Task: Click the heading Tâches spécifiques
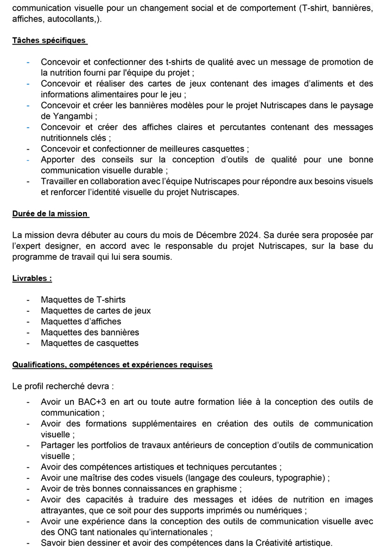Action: pyautogui.click(x=49, y=41)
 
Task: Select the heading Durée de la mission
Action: pyautogui.click(x=50, y=214)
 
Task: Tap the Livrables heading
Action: pyautogui.click(x=31, y=278)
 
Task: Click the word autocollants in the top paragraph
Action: pyautogui.click(x=72, y=19)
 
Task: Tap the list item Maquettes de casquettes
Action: pyautogui.click(x=90, y=343)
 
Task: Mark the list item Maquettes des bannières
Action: pyautogui.click(x=90, y=332)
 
